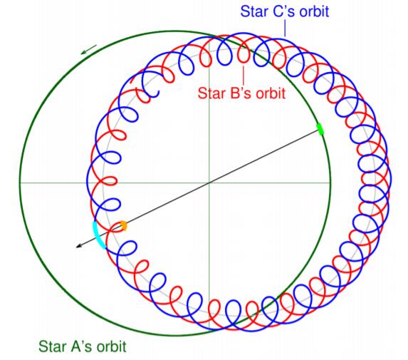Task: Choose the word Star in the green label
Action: [50, 346]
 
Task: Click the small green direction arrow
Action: [89, 49]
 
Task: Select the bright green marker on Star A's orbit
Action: [320, 129]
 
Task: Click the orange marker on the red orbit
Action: [123, 225]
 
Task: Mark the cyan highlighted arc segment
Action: [98, 236]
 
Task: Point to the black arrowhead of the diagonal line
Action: [78, 247]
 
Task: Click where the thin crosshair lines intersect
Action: [209, 183]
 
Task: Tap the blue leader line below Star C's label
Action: [285, 28]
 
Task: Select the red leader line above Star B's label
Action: [244, 76]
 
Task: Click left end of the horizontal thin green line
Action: [21, 183]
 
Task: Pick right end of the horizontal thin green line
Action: [330, 183]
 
